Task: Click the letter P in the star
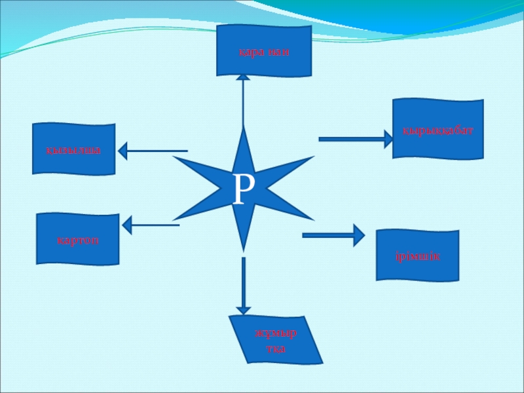244,189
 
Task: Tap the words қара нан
264,51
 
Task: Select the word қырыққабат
438,130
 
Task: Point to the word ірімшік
418,255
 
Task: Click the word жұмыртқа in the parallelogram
276,341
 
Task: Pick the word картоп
77,240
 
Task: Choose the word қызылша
73,150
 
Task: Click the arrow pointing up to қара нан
243,98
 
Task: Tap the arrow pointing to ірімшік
333,234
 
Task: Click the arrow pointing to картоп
151,225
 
